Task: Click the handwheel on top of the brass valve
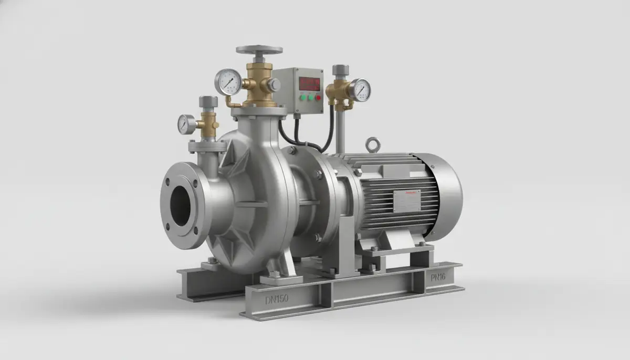point(259,50)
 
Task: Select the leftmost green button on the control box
point(302,97)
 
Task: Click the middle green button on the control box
point(310,97)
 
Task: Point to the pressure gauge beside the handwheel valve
point(228,82)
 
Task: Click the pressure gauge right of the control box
point(361,90)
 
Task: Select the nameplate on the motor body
point(407,201)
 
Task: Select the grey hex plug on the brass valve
point(274,85)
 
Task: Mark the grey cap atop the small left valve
point(208,101)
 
